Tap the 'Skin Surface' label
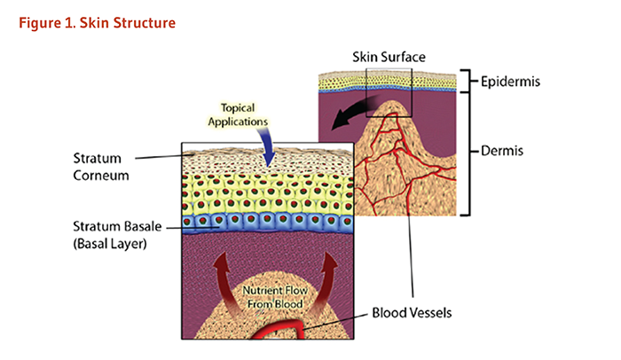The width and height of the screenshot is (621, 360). tap(389, 56)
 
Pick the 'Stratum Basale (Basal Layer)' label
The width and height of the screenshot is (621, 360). tap(105, 229)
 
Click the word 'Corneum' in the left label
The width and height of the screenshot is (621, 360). tap(101, 176)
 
